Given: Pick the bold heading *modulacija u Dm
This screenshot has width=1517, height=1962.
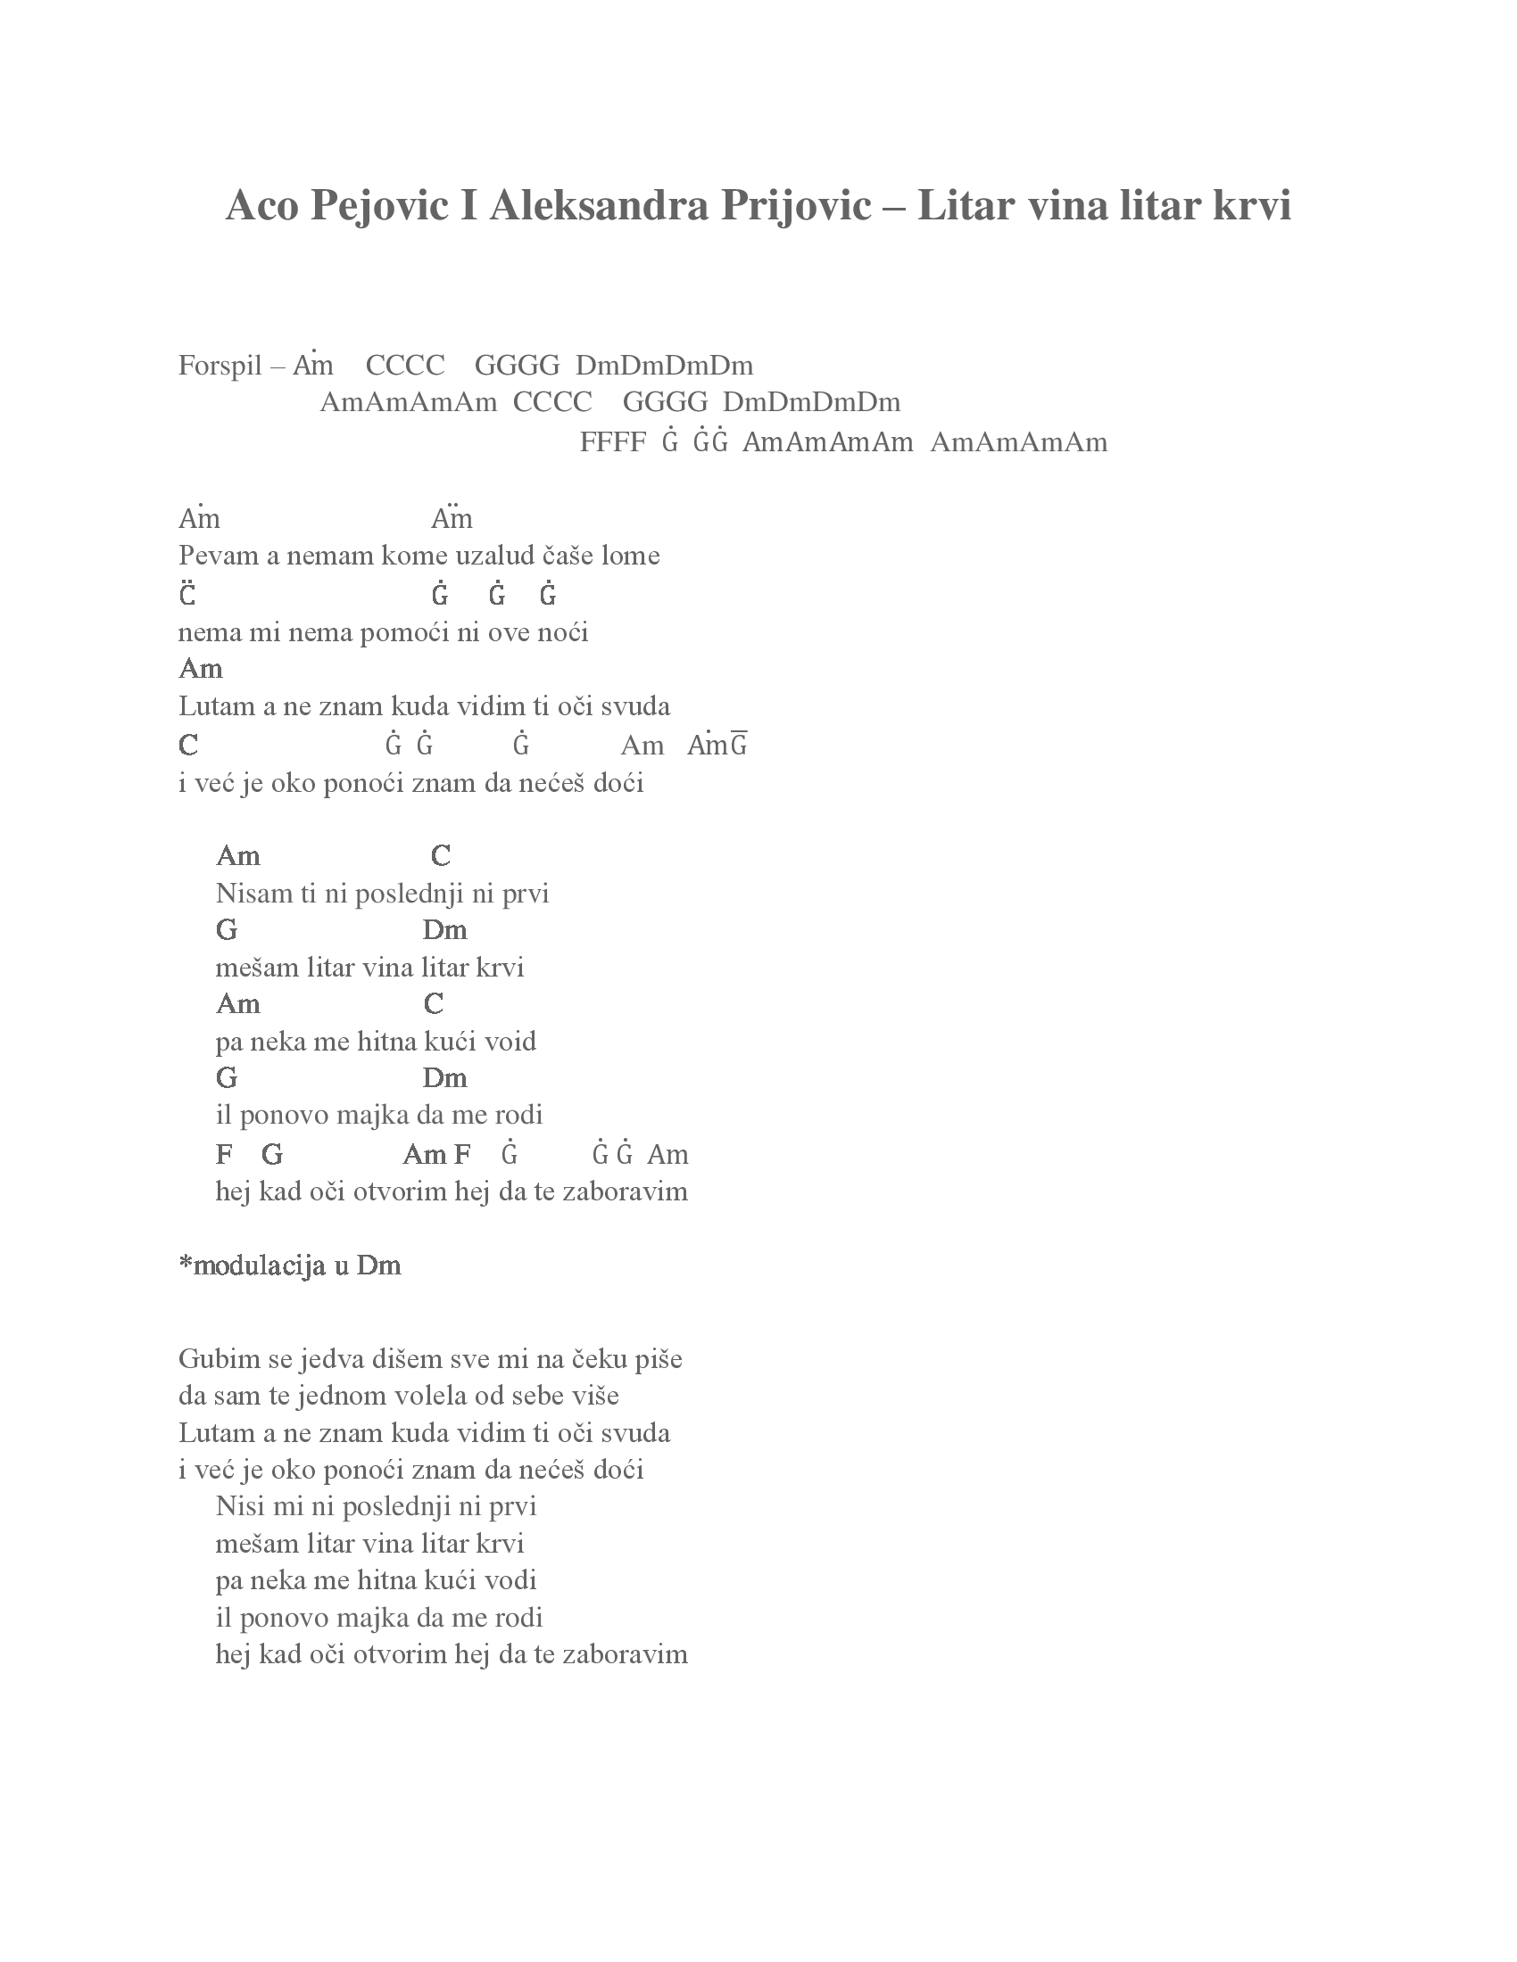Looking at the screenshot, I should pyautogui.click(x=289, y=1265).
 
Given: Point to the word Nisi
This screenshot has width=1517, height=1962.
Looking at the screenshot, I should pyautogui.click(x=238, y=1505).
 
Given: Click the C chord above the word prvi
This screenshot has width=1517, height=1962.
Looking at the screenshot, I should pyautogui.click(x=440, y=856).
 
